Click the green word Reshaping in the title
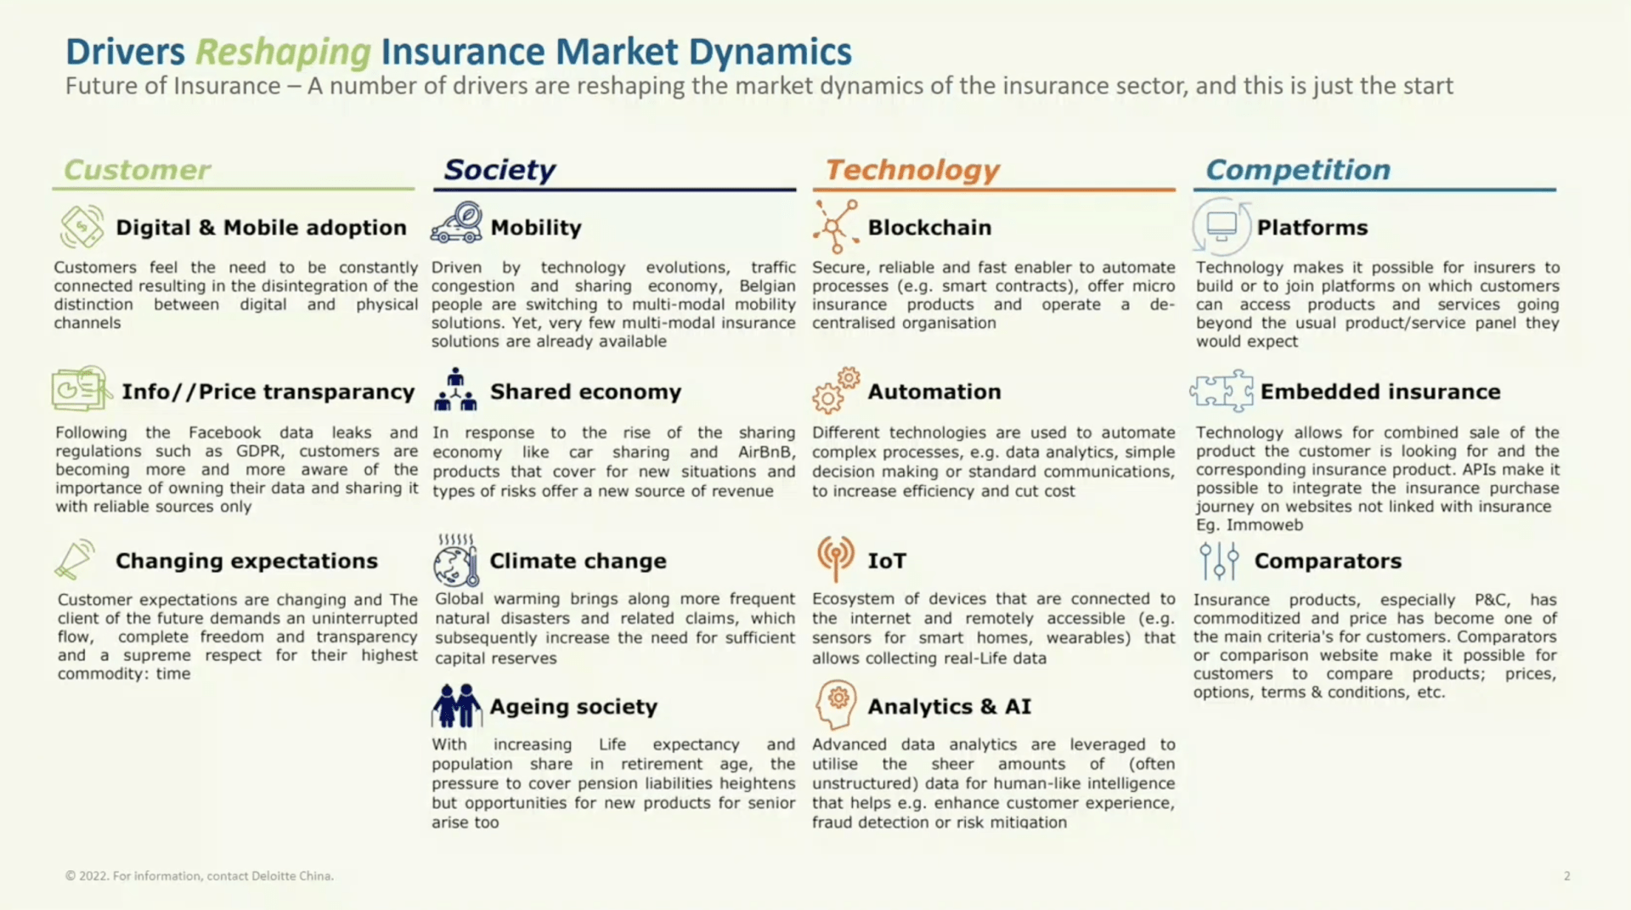283,53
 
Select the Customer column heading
137,170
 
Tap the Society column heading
499,170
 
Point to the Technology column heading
912,170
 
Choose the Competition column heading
1298,170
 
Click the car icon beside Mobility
457,223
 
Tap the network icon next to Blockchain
835,227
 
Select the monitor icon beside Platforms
1222,226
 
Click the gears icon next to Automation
836,391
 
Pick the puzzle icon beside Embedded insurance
1222,391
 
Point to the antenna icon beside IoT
836,558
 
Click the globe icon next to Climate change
456,561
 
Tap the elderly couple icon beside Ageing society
456,705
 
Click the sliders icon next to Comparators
1219,561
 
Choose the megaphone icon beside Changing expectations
76,560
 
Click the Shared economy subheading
585,392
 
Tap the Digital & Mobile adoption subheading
261,228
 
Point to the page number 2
1566,876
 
